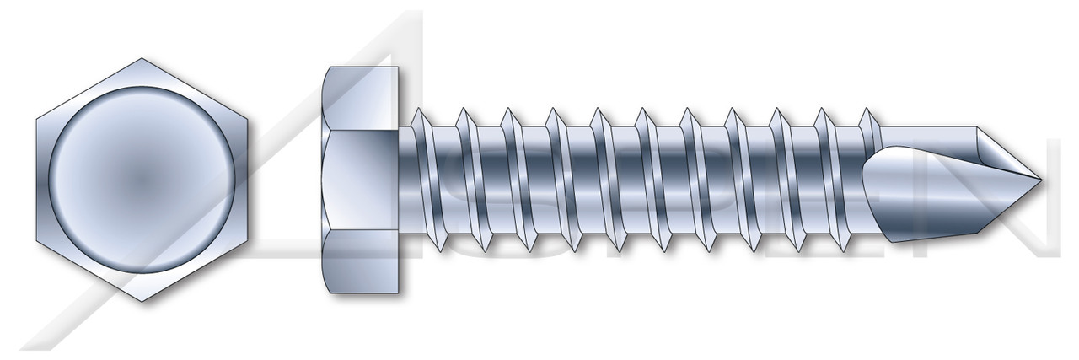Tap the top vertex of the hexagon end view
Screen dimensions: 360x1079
click(x=142, y=59)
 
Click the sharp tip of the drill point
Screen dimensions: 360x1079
click(x=1042, y=180)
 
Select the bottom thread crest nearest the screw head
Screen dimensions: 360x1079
click(x=441, y=244)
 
